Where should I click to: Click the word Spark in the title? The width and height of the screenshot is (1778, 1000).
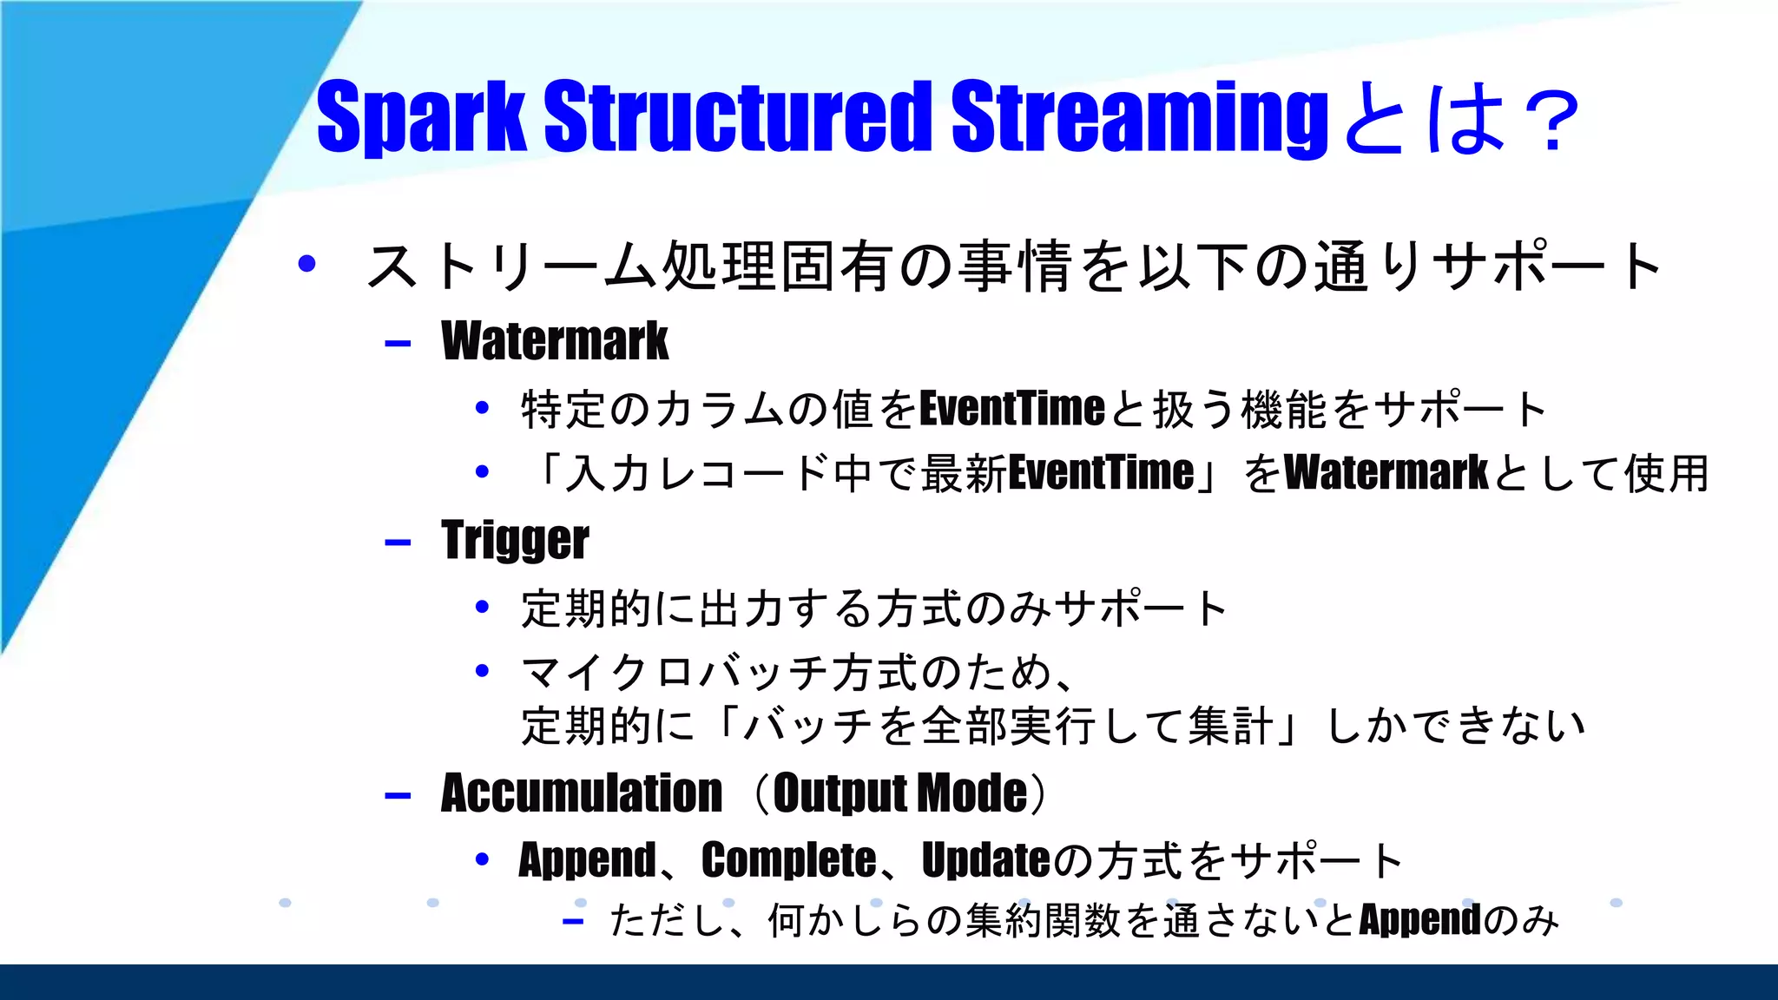420,117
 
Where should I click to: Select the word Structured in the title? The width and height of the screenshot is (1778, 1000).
738,117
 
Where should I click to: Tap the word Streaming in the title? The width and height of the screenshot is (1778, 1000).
1139,117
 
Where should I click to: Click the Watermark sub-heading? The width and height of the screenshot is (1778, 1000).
555,340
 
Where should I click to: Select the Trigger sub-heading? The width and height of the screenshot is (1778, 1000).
515,540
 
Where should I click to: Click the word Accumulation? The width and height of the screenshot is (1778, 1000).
581,793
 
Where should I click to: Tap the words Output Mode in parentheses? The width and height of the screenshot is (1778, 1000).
899,793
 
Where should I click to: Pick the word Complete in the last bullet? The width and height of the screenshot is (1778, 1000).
788,860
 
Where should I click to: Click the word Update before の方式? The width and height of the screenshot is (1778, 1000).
985,860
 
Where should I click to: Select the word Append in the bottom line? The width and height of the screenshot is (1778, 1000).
1419,920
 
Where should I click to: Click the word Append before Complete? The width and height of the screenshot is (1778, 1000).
587,860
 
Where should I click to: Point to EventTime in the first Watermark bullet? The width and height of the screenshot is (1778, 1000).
1011,409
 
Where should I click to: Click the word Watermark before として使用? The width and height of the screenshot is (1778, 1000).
1386,473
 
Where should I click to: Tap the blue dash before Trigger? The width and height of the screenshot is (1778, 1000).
398,543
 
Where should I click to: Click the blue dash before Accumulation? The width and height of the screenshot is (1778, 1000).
398,796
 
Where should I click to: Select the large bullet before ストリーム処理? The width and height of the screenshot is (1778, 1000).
306,263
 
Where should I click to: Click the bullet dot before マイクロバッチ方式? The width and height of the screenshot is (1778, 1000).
483,670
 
